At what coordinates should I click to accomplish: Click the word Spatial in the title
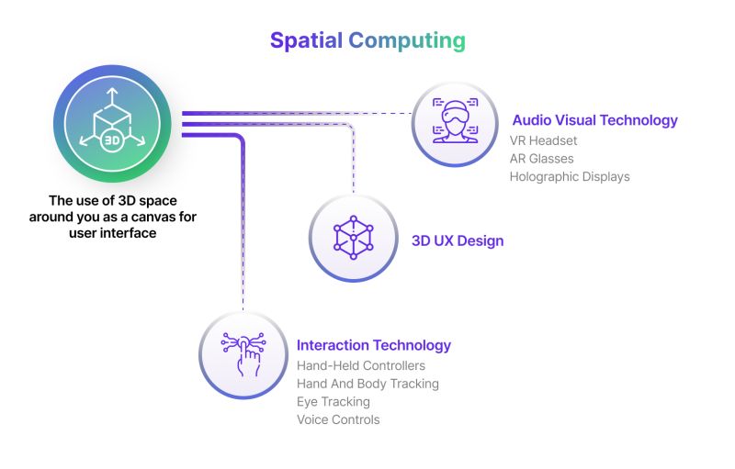pos(307,40)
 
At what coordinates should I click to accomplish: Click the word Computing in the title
pos(407,41)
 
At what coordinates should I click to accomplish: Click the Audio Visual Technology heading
pos(594,120)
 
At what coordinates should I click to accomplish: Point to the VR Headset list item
pos(544,140)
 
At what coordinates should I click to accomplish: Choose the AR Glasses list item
pos(541,159)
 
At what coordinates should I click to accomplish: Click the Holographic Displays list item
pos(570,176)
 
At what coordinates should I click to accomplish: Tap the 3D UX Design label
pos(458,241)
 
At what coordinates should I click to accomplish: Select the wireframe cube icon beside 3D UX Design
pos(352,239)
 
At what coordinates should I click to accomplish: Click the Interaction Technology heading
pos(374,345)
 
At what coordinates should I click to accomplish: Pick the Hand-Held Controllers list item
pos(361,365)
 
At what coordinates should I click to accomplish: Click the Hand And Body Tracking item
pos(367,384)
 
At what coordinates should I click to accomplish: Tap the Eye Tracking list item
pos(334,401)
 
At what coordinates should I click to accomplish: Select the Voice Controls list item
pos(338,419)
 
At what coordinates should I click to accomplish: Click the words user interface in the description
pos(112,233)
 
